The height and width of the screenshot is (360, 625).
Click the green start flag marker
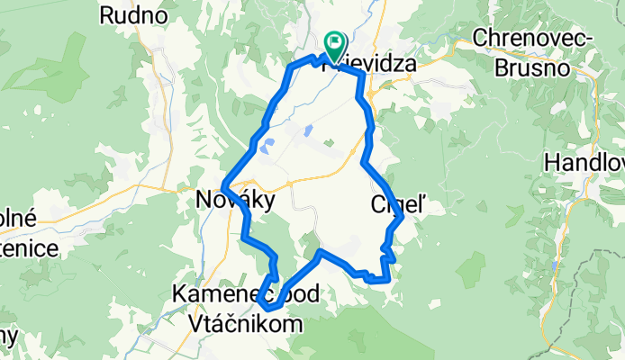(335, 41)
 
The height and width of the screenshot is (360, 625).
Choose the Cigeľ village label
(394, 205)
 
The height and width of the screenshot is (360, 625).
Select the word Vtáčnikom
(246, 319)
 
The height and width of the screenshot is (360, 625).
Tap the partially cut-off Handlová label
(584, 165)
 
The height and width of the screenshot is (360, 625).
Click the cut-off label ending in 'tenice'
(27, 247)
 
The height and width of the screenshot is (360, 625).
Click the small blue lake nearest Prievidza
(309, 131)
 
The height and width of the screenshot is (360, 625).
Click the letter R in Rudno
(108, 15)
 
